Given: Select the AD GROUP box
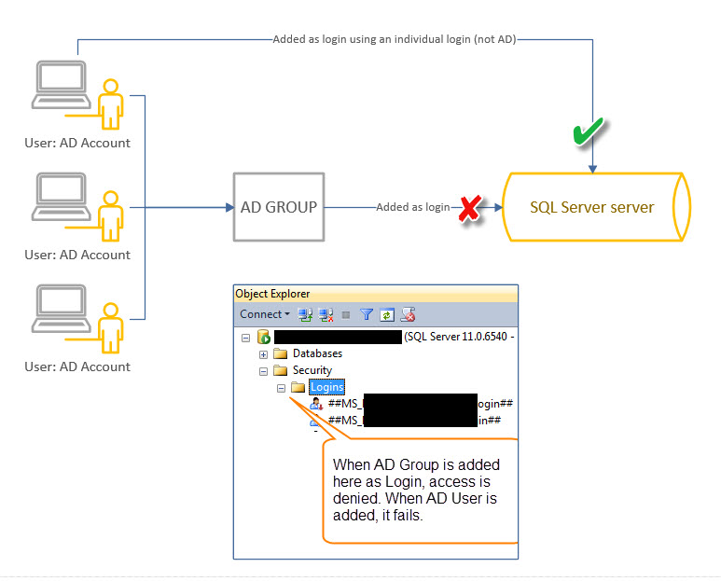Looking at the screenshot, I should pos(279,207).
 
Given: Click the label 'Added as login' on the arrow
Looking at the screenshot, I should pos(412,207).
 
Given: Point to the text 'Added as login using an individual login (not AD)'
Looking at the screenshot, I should pos(394,40).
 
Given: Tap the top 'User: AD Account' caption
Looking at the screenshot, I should pos(77,144).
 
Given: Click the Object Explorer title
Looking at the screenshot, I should pos(272,294).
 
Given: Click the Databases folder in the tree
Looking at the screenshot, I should pos(317,354).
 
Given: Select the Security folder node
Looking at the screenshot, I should pos(312,370).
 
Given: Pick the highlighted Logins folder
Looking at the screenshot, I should pos(326,387).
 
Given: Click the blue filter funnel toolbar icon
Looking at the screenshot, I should pos(367,315).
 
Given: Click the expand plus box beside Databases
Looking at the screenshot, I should pos(263,354).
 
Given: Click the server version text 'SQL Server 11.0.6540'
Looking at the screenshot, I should pos(458,337).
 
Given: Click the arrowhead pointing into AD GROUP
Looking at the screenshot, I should pos(229,207).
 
